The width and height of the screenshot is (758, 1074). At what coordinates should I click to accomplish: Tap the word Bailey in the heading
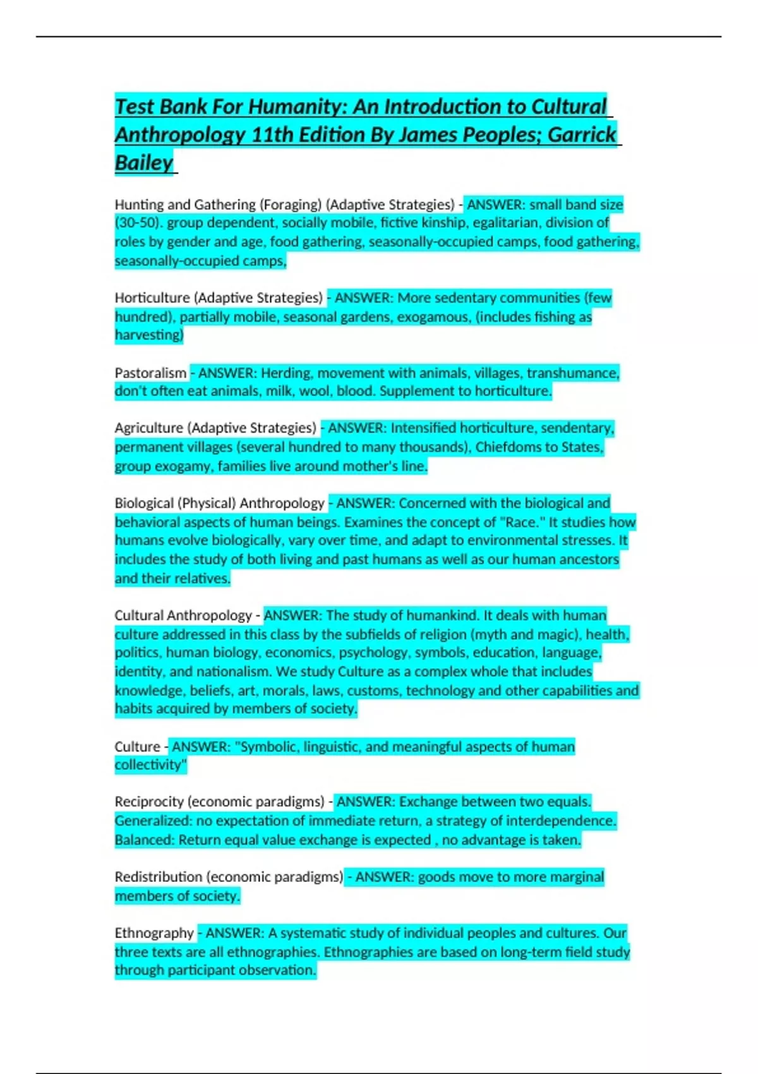coord(144,163)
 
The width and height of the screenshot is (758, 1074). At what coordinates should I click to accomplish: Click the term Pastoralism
coord(150,373)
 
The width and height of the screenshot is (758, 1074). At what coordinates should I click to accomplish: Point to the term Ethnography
coord(154,933)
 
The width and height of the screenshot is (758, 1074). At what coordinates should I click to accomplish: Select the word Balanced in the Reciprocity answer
coord(143,840)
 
